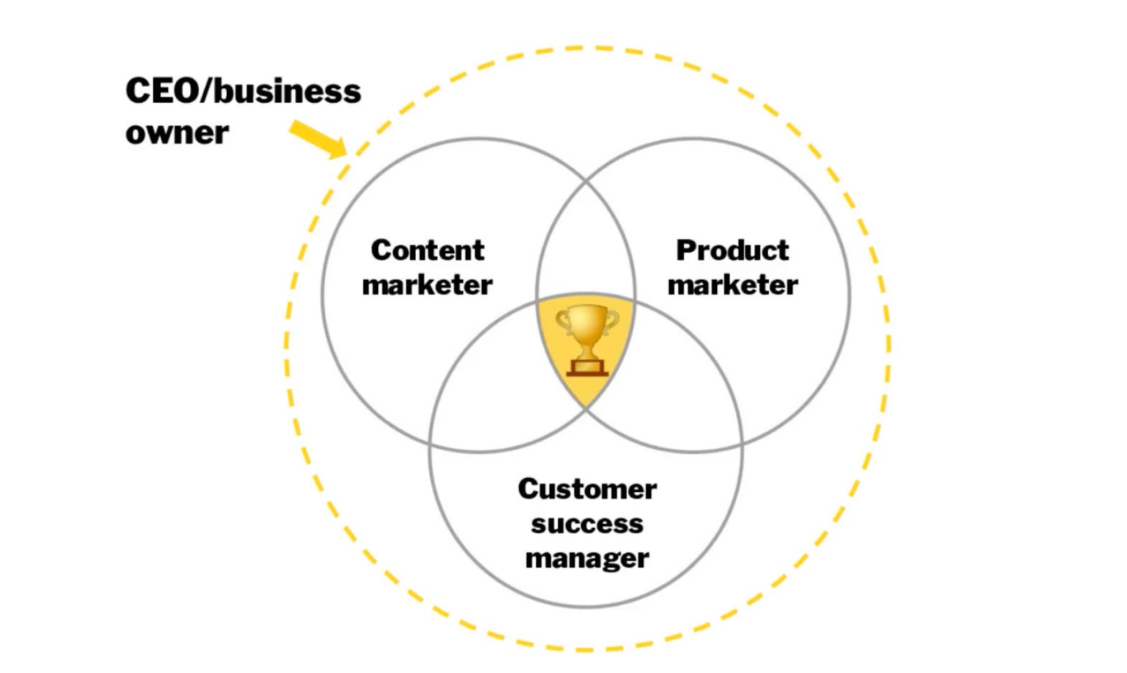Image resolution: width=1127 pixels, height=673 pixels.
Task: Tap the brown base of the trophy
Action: [587, 369]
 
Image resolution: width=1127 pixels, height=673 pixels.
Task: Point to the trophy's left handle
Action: [563, 322]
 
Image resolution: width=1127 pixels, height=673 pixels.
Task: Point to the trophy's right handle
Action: [612, 322]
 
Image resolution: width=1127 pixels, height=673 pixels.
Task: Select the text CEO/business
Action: [243, 92]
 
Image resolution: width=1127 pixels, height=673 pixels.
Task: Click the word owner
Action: [177, 133]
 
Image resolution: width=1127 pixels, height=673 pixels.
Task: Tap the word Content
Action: [428, 250]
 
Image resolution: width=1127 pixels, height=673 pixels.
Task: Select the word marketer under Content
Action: [427, 285]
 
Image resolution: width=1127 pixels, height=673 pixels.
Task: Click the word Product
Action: [732, 250]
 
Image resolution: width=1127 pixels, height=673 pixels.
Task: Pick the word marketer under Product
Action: [732, 285]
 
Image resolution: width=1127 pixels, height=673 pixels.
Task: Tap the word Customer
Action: [587, 489]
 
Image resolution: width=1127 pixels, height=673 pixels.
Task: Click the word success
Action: [587, 524]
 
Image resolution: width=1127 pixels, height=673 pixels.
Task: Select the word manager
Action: [587, 558]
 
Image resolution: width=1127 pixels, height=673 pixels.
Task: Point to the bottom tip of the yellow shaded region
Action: [586, 408]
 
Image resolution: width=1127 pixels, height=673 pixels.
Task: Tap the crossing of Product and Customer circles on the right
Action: [742, 444]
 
